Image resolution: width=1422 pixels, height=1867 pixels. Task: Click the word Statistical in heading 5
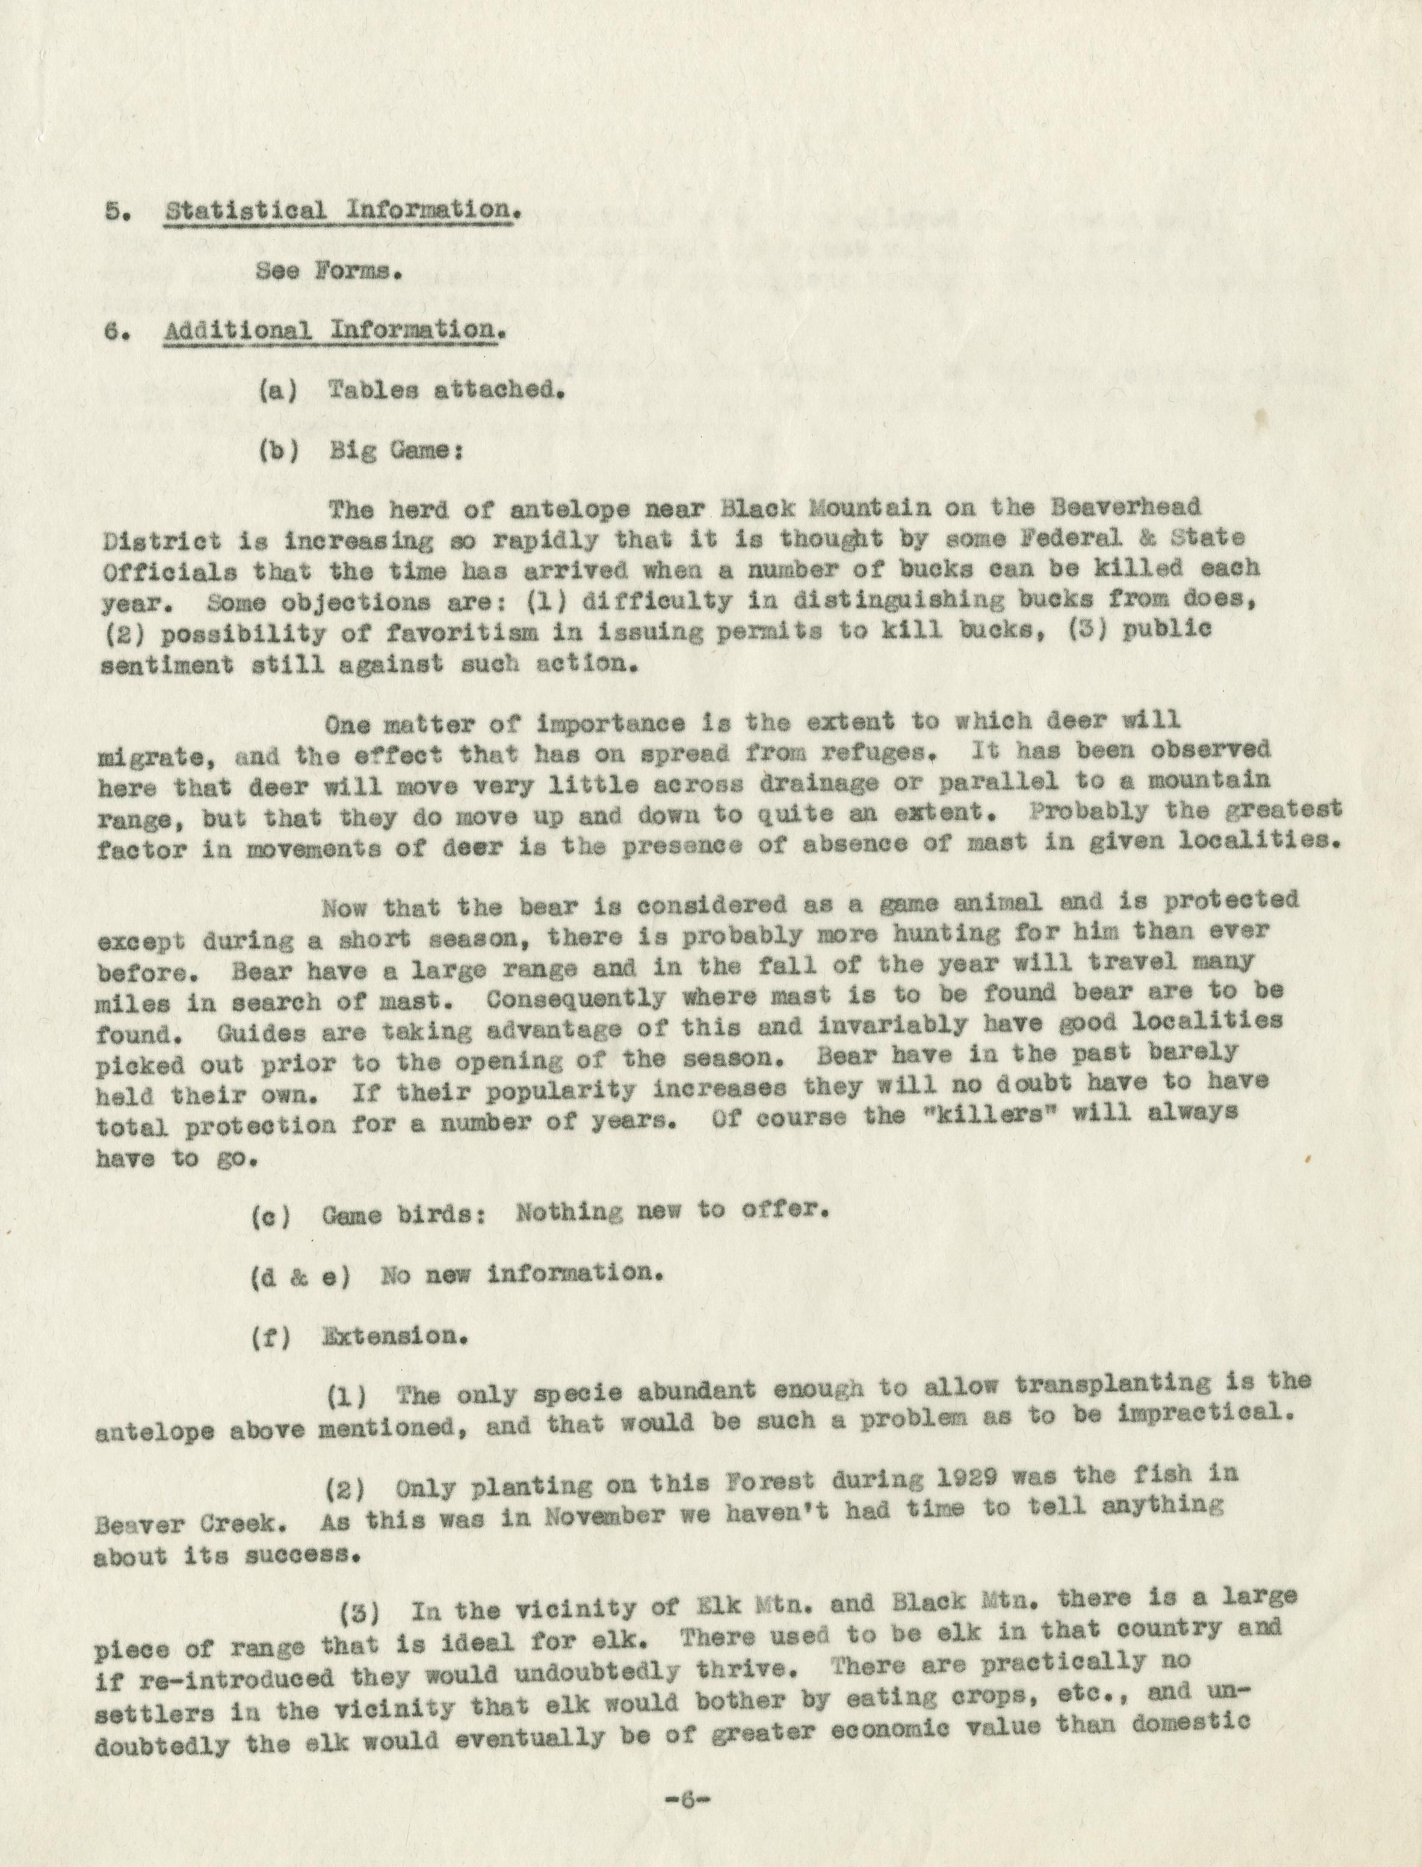246,210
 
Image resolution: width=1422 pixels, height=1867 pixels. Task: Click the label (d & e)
300,1276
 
